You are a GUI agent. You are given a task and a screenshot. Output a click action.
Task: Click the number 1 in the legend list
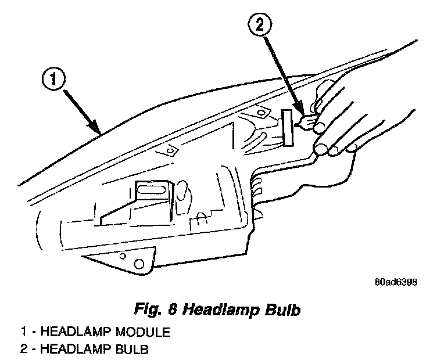pyautogui.click(x=23, y=333)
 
